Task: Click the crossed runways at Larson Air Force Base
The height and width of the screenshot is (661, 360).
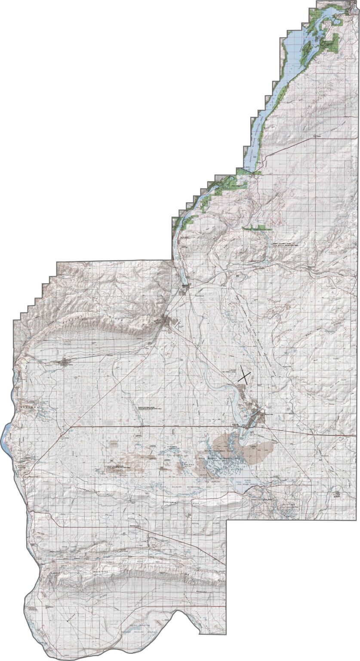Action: (244, 374)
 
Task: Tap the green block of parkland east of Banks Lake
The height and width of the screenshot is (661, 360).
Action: (331, 43)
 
